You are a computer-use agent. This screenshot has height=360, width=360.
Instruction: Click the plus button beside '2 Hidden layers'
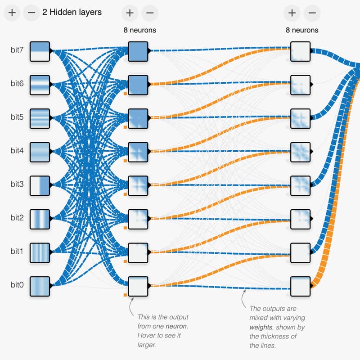(x=12, y=13)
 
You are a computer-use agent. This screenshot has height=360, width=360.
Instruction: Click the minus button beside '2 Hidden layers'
(x=31, y=13)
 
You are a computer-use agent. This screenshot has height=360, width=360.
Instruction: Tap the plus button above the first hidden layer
(x=130, y=13)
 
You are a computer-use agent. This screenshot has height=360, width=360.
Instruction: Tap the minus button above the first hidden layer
(x=149, y=13)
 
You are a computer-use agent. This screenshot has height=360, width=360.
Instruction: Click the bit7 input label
(x=17, y=50)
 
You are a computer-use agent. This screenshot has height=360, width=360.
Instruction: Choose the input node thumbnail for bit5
(x=39, y=118)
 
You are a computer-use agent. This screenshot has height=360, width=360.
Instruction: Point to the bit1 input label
(x=17, y=251)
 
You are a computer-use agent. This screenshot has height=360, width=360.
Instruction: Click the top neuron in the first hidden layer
(x=138, y=51)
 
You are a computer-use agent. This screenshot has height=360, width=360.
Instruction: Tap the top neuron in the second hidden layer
(x=300, y=51)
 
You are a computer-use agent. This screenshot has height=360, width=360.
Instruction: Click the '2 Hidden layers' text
(x=72, y=13)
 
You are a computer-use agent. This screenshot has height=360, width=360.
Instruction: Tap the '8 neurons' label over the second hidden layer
(x=302, y=30)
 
